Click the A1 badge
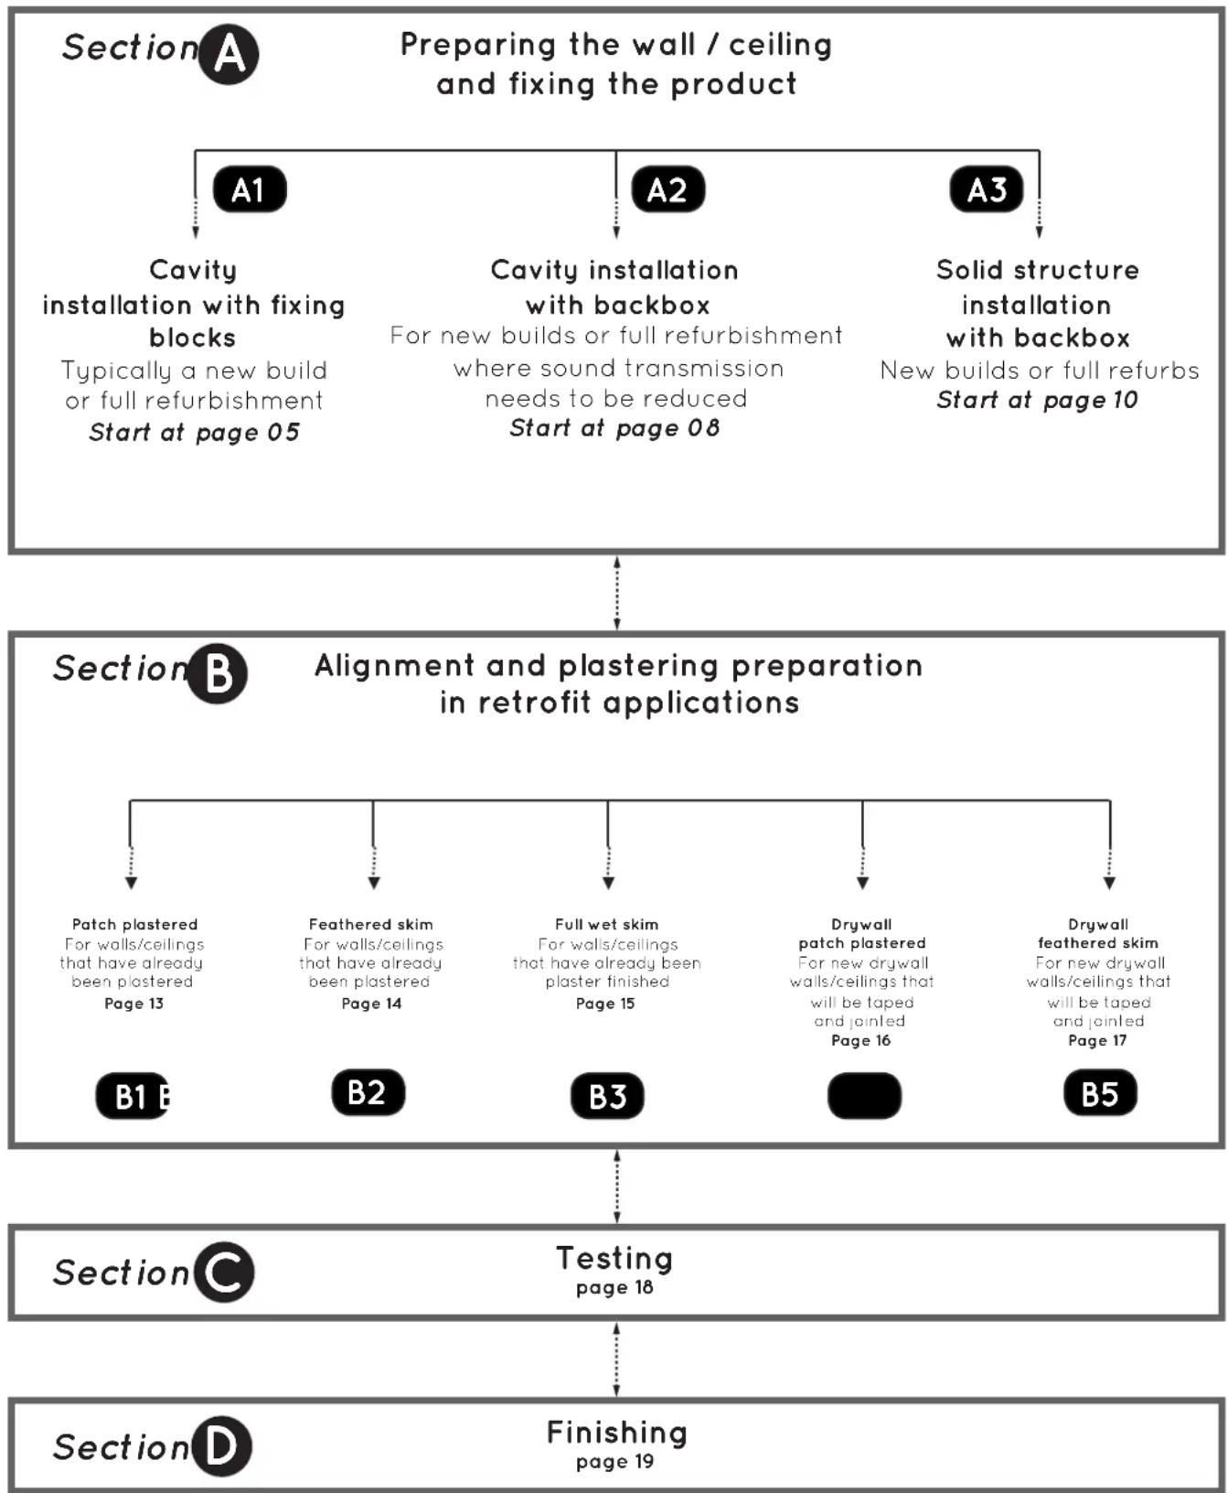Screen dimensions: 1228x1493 tap(250, 189)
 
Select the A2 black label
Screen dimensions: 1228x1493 tap(668, 189)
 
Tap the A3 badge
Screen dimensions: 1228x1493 tap(987, 189)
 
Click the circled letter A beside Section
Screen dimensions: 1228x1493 tap(229, 54)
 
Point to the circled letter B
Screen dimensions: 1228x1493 tap(218, 673)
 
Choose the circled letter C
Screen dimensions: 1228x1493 tap(223, 1272)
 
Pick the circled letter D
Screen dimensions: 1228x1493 tap(220, 1445)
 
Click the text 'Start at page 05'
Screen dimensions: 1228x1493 tap(194, 433)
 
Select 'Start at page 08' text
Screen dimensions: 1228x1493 tap(614, 428)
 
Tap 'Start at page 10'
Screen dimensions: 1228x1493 tap(1037, 400)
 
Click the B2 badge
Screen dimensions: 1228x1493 tap(368, 1092)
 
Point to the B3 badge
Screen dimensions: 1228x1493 tap(607, 1096)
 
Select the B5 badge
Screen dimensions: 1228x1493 tap(1100, 1092)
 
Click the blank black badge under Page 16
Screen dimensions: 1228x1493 tap(864, 1096)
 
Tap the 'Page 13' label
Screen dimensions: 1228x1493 tap(133, 1004)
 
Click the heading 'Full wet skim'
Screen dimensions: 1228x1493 tap(606, 925)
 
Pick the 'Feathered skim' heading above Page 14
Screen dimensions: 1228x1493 tap(370, 925)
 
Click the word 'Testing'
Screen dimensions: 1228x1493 tap(614, 1259)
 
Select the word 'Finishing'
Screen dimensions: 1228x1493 tap(616, 1433)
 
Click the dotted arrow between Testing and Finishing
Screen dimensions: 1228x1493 tap(616, 1359)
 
